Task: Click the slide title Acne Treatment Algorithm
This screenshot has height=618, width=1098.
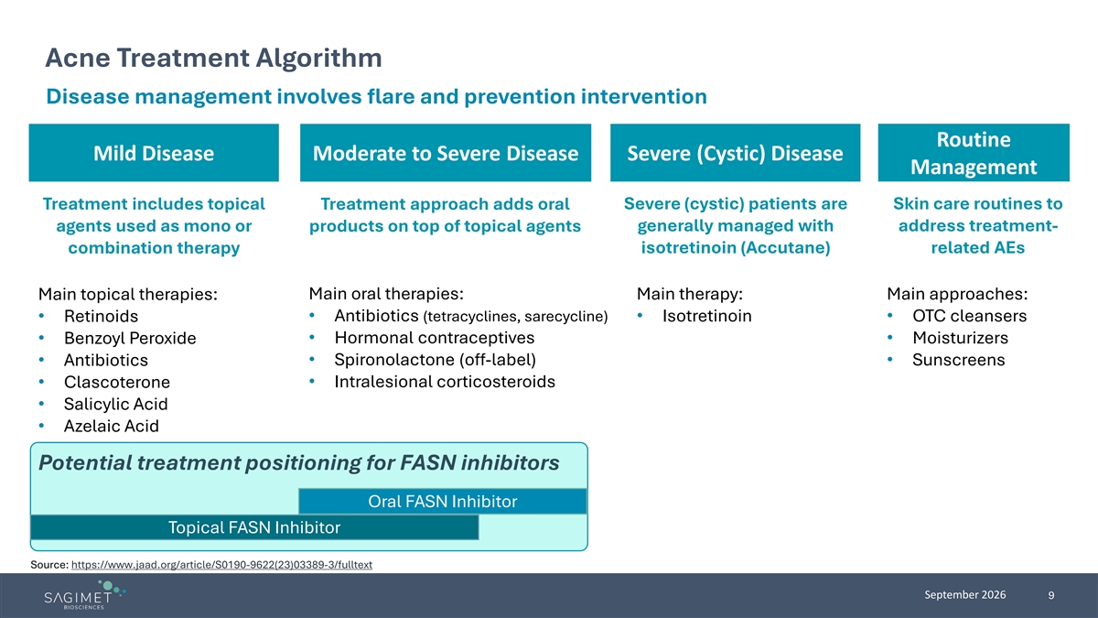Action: click(213, 58)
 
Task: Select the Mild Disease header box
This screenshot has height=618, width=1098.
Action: click(154, 153)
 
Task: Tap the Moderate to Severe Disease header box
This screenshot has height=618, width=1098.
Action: click(446, 153)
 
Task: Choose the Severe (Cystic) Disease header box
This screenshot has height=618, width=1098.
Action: click(736, 153)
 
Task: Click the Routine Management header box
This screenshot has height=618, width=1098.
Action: click(974, 153)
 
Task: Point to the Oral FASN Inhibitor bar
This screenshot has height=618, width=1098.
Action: click(443, 502)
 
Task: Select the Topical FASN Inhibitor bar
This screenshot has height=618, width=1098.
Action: click(254, 527)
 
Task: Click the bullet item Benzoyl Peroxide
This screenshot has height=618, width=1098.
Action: click(130, 338)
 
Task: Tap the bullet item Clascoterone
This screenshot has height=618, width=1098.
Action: click(117, 382)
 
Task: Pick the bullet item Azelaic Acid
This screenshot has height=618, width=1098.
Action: click(112, 426)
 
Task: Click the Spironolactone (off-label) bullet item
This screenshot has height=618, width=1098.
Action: click(435, 360)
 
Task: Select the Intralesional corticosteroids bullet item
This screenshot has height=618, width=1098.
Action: click(445, 382)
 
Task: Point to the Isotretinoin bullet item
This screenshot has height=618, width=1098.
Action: click(706, 316)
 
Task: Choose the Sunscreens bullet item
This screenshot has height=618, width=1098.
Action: click(958, 360)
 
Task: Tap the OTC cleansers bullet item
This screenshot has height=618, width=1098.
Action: click(969, 316)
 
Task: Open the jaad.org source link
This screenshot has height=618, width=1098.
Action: click(221, 565)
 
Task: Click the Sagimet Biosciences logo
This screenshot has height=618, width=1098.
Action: click(84, 594)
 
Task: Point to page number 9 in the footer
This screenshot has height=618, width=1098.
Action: click(1051, 595)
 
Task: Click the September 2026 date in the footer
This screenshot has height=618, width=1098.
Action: click(964, 595)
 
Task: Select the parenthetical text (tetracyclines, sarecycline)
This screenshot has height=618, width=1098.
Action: click(515, 317)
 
